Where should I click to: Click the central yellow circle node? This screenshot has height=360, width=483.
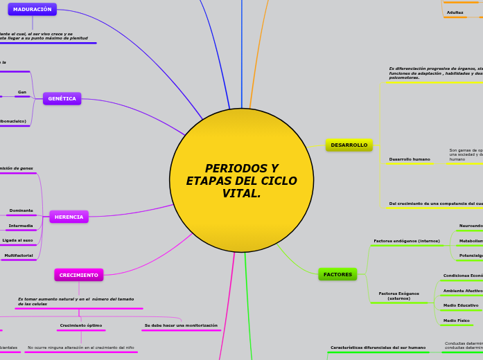pos(241,180)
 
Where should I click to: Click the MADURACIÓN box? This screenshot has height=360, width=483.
pos(33,9)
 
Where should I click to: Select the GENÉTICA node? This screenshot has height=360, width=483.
pos(62,98)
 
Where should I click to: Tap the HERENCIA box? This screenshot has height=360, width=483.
pos(69,217)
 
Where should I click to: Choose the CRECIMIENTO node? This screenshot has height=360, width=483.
pos(78,275)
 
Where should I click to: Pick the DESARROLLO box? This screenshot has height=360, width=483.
pos(349,145)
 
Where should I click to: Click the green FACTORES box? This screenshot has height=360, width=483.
pos(337,274)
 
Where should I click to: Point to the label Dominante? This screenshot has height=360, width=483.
pos(21,210)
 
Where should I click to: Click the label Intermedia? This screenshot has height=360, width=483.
pos(21,226)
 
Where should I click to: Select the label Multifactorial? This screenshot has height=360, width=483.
pos(19,255)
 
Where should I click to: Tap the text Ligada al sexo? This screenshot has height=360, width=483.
pos(18,240)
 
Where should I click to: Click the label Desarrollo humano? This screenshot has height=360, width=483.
pos(410,159)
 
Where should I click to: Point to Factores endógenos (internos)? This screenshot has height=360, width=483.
pos(407,241)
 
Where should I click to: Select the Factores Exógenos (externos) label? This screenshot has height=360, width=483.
pos(398,296)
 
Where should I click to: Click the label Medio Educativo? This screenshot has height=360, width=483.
pos(461,305)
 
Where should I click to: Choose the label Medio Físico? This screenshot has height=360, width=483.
pos(457,321)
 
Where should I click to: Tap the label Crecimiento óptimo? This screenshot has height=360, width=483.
pos(81,325)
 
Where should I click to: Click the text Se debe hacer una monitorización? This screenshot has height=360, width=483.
pos(181,325)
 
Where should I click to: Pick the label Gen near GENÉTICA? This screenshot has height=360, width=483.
pos(22,92)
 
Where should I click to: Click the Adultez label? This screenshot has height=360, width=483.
pos(455,12)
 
